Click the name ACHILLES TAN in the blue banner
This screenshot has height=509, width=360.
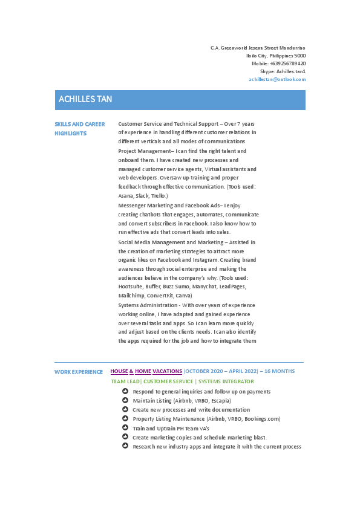tap(85, 99)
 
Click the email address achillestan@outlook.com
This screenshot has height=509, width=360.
tap(277, 79)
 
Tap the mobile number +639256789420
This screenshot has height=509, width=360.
tap(287, 63)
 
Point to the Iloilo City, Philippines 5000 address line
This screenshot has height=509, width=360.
tap(275, 56)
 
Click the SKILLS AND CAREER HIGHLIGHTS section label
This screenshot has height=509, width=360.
tap(79, 128)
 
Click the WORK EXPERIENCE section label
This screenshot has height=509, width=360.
tap(79, 372)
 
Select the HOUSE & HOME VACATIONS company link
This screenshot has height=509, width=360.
tap(146, 371)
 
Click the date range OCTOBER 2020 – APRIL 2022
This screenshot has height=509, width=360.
tap(221, 371)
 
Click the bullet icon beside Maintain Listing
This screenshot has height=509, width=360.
tap(125, 400)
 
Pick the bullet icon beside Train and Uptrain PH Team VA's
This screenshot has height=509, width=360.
tap(125, 427)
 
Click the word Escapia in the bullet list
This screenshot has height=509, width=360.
tap(220, 401)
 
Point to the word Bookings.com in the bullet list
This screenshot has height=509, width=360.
tap(262, 419)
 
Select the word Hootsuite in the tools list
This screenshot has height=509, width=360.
tap(132, 287)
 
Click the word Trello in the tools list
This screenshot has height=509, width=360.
tap(158, 196)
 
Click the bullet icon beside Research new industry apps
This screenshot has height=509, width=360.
tap(125, 446)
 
